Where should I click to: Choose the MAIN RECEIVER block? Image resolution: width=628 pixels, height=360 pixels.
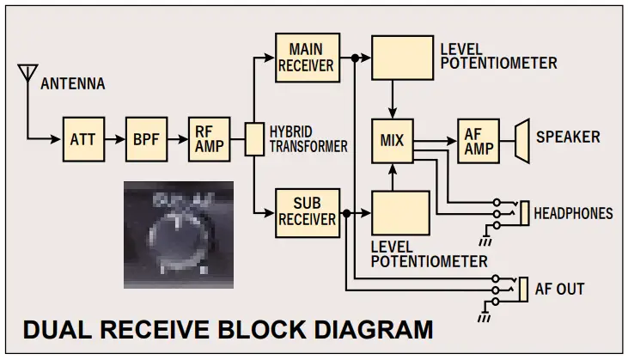click(x=307, y=57)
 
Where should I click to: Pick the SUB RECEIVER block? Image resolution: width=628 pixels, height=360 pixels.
click(x=307, y=211)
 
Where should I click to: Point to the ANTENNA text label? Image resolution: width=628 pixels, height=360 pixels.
click(x=73, y=84)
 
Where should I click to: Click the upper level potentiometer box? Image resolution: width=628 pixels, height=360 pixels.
click(x=400, y=58)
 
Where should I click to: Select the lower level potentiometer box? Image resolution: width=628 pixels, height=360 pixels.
click(x=400, y=214)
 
